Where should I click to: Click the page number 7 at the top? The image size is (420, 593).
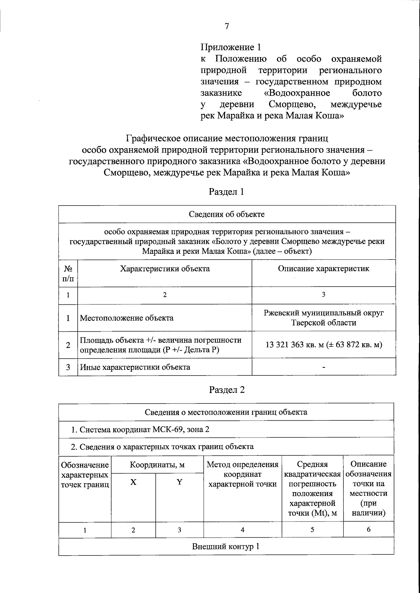click(x=227, y=26)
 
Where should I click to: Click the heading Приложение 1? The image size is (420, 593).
click(x=231, y=47)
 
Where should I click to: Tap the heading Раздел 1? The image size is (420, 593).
click(x=226, y=192)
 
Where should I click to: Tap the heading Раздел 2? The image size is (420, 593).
click(x=226, y=390)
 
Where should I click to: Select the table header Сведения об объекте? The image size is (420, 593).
click(x=227, y=214)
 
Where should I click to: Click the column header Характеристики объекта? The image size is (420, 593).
click(x=164, y=269)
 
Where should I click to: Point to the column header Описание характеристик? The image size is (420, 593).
click(x=323, y=269)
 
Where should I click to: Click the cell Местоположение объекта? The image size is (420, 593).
click(x=127, y=318)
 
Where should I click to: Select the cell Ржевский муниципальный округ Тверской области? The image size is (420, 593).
click(x=323, y=317)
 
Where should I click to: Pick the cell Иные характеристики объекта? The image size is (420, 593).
click(x=135, y=367)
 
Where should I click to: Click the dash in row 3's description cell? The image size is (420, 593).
click(x=324, y=367)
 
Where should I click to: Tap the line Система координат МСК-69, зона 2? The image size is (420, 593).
click(x=140, y=429)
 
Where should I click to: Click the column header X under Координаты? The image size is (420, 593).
click(x=133, y=482)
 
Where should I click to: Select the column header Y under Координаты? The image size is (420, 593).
click(x=179, y=482)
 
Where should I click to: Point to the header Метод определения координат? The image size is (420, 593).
click(x=243, y=474)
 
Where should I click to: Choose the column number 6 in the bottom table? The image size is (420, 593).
click(x=369, y=530)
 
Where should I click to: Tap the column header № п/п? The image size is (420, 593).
click(x=68, y=274)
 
